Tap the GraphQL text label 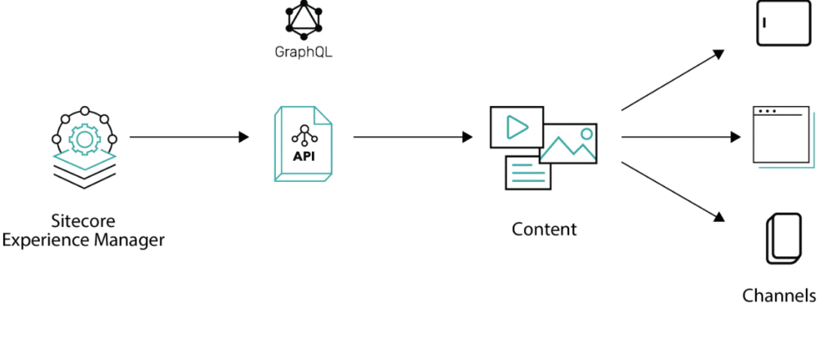coord(304,53)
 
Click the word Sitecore coord(83,221)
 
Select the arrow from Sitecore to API coord(189,137)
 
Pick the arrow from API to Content coord(412,137)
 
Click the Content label coord(544,229)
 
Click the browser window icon coord(780,136)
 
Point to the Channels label coord(779,296)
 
